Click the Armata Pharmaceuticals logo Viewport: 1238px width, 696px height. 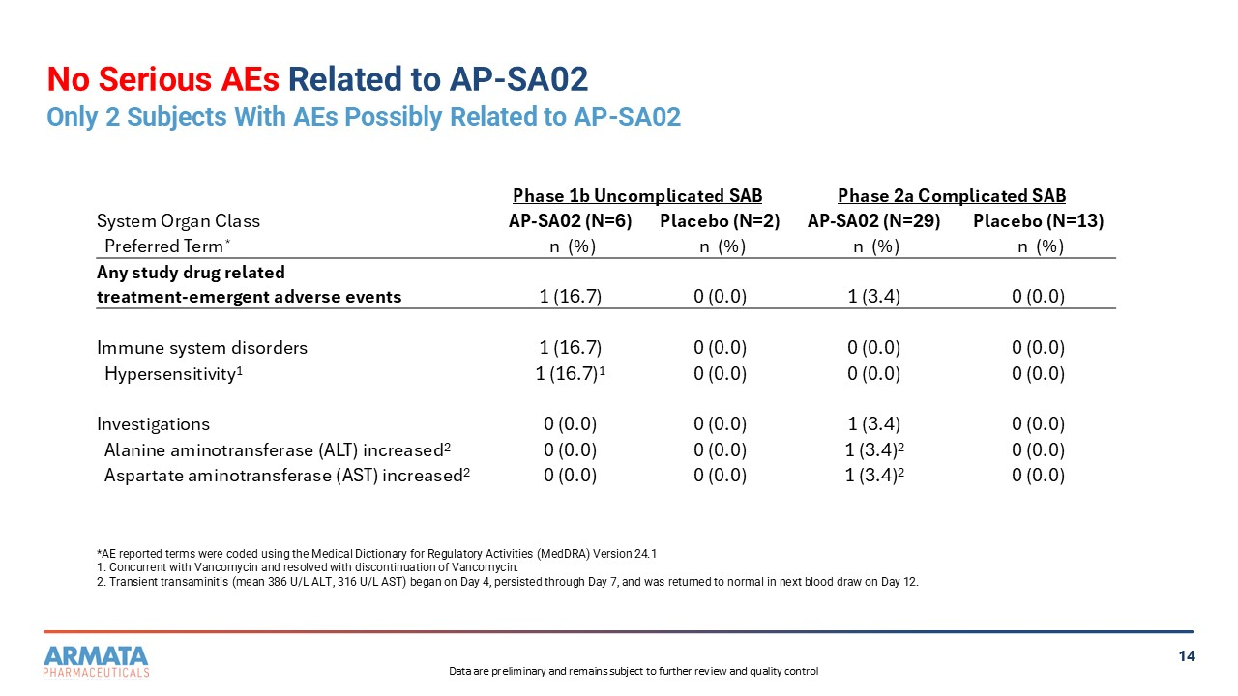pos(97,660)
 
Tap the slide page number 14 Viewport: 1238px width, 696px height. pos(1187,656)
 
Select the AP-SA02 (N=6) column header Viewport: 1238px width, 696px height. pos(570,221)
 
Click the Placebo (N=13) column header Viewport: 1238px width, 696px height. pos(1038,221)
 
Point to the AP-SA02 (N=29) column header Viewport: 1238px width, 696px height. pos(873,221)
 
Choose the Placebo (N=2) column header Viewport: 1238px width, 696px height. pos(719,221)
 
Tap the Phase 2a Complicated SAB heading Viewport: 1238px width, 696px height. pos(952,196)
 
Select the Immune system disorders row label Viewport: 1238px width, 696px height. pos(202,348)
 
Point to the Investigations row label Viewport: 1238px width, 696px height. pos(153,424)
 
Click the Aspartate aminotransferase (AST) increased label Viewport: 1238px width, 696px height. pos(286,476)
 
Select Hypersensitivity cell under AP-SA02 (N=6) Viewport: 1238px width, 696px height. pos(570,374)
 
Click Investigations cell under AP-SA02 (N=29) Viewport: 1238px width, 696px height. pos(873,424)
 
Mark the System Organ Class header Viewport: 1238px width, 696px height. pos(178,221)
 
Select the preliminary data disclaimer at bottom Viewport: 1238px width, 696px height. pos(634,672)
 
